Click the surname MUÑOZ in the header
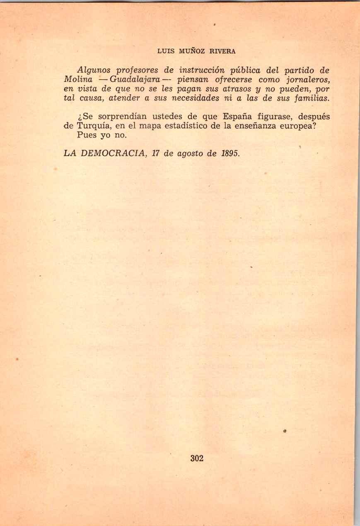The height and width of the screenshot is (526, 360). (194, 51)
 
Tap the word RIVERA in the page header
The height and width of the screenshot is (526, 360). (222, 51)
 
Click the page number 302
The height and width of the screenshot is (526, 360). (197, 458)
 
